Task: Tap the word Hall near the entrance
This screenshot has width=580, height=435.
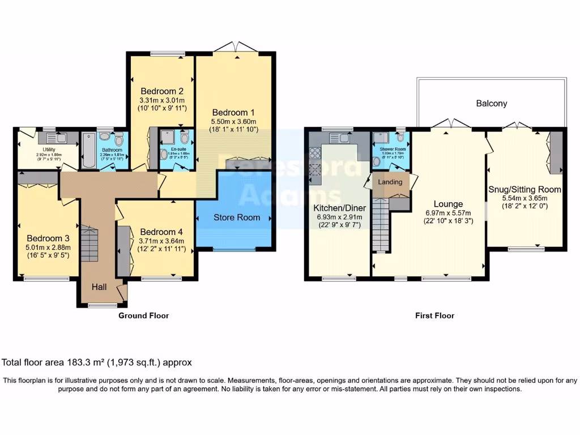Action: (x=100, y=288)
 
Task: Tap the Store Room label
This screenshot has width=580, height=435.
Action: (x=237, y=217)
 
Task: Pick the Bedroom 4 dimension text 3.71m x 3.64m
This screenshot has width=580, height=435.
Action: (x=162, y=241)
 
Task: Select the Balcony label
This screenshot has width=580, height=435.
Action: (x=491, y=104)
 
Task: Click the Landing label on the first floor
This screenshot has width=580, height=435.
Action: (x=390, y=182)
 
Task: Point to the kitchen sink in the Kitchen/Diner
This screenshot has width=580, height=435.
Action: (x=338, y=137)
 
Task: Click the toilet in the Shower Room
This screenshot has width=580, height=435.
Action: (x=400, y=138)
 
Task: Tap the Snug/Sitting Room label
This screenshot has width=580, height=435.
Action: (x=524, y=190)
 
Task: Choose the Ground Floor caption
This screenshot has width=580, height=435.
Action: (x=143, y=315)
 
